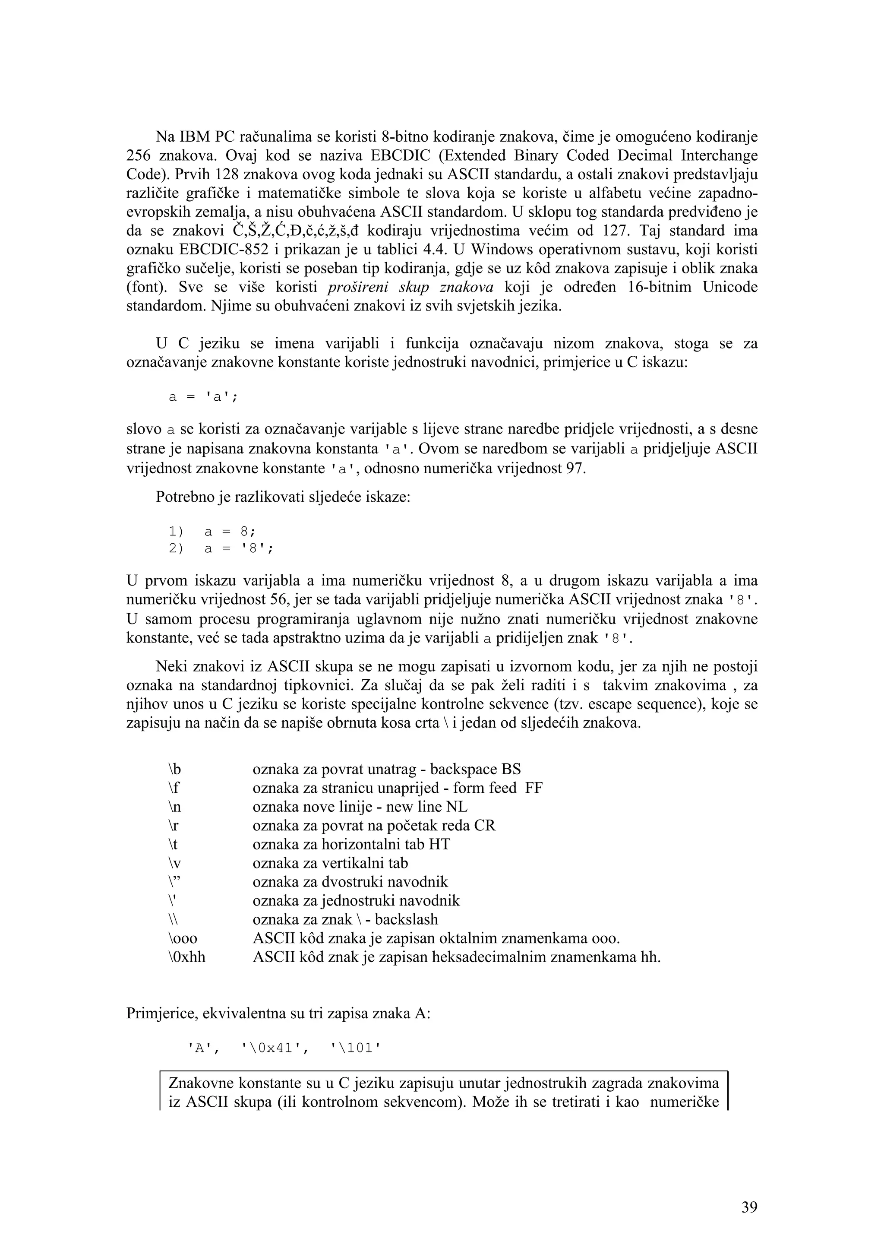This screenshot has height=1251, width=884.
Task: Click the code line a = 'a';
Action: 203,397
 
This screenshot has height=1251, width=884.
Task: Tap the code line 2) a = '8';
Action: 221,548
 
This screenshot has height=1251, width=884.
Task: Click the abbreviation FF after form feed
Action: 534,788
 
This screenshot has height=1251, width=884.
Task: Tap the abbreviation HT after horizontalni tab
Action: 439,844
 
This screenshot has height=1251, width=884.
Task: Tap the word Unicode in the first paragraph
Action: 730,287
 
